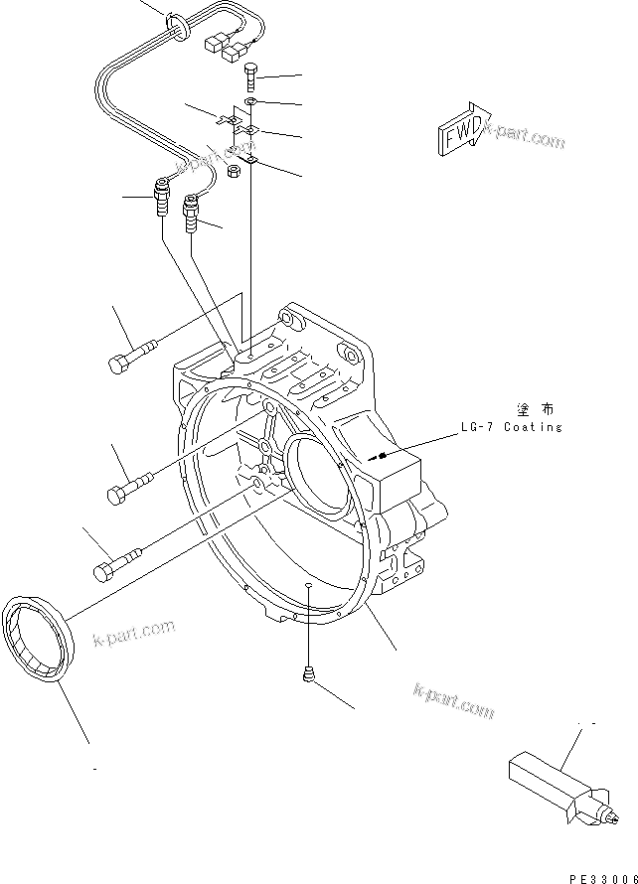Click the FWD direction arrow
[x=461, y=128]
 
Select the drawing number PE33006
[x=601, y=879]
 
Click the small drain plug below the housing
[x=309, y=676]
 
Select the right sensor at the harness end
[x=192, y=212]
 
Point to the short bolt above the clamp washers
[x=252, y=75]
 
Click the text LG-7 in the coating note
[x=474, y=427]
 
